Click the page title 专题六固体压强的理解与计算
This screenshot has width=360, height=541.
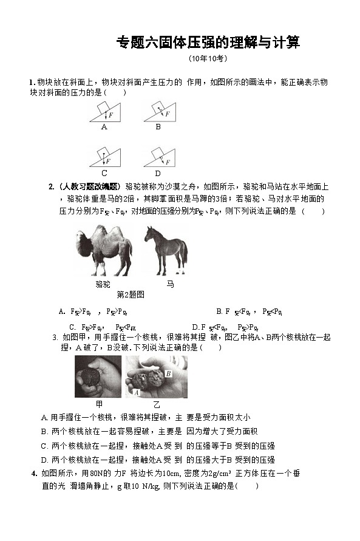[208, 43]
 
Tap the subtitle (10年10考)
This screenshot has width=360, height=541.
[208, 59]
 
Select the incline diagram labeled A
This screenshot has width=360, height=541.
[105, 112]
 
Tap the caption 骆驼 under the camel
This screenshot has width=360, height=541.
[103, 284]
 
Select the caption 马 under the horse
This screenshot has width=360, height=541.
[170, 284]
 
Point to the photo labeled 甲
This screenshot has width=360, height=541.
[98, 376]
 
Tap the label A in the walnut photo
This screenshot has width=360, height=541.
[136, 393]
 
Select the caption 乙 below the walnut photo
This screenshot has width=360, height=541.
[157, 404]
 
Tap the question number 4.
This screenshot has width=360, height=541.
[34, 474]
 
